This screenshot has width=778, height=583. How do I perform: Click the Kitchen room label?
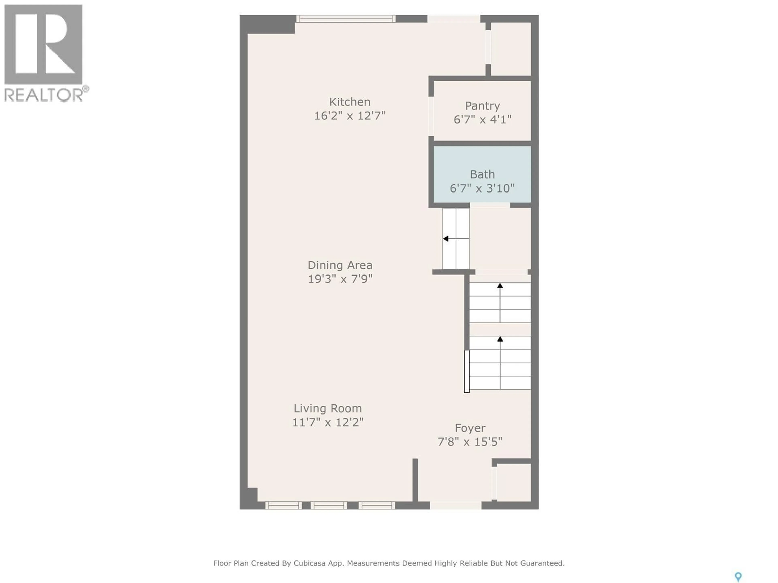[350, 102]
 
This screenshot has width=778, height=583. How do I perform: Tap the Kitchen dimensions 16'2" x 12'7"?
[350, 116]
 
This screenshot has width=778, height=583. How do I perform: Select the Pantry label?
[482, 106]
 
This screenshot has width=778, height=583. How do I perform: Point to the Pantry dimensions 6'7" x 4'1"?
[482, 119]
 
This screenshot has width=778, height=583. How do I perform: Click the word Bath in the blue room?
[482, 174]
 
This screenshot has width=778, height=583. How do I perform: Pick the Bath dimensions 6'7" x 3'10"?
[482, 188]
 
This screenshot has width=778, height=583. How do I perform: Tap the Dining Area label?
[340, 265]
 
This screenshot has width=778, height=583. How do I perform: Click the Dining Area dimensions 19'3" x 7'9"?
[340, 279]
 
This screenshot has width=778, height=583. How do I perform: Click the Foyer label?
[470, 428]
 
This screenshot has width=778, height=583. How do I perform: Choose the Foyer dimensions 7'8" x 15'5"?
[470, 442]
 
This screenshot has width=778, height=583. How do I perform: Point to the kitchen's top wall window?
[346, 19]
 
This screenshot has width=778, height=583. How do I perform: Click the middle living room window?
[329, 505]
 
